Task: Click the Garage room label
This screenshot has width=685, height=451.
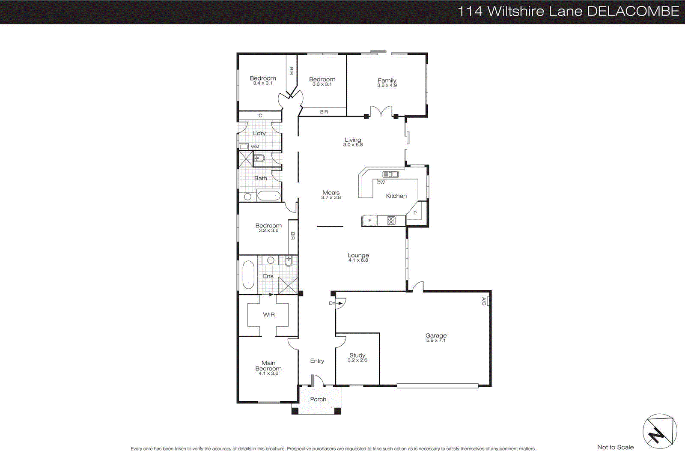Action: point(436,335)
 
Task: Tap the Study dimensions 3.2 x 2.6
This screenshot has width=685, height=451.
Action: point(357,360)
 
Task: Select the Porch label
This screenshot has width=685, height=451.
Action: point(318,399)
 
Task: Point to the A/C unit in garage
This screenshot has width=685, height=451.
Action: point(488,302)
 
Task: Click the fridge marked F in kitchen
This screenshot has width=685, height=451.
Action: point(369,221)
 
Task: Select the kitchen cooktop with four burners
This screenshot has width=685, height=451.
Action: point(391,221)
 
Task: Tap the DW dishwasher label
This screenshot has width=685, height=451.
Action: point(381,182)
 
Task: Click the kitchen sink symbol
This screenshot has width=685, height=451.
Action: point(390,174)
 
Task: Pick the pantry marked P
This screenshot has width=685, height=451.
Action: point(415,213)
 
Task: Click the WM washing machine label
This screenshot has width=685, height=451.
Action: point(255,147)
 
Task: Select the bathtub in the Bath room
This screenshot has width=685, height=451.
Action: point(268,196)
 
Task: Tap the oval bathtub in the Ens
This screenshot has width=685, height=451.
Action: point(248,275)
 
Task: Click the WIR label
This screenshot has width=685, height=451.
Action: point(269,314)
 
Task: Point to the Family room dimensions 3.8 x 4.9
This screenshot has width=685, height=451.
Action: point(387,85)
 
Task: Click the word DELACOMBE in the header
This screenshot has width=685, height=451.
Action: point(633,12)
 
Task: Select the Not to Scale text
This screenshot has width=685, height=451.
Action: point(615,447)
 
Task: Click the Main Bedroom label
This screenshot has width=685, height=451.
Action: point(268,366)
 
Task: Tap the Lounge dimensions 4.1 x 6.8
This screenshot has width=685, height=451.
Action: point(358,260)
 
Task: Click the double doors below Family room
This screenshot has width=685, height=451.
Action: point(381,111)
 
